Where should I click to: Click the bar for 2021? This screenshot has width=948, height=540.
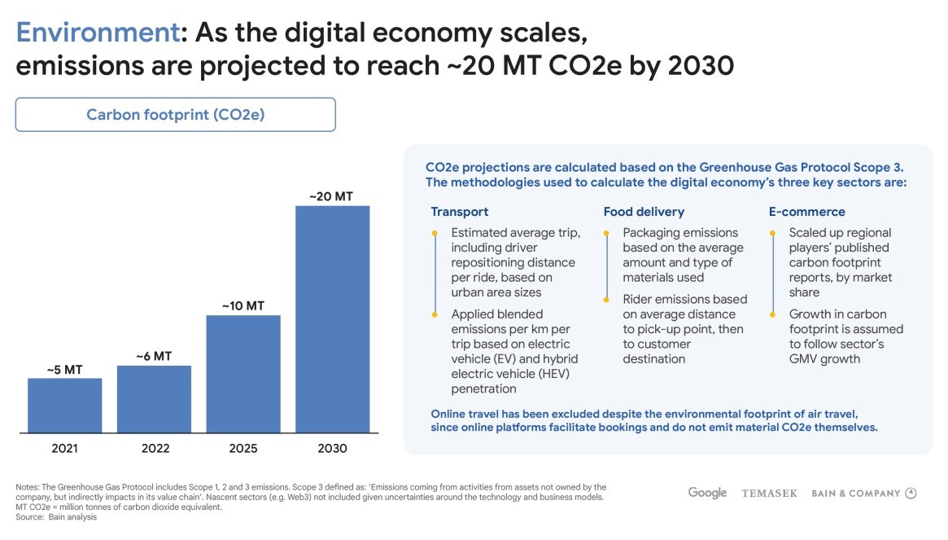(65, 405)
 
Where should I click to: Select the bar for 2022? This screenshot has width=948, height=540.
(154, 398)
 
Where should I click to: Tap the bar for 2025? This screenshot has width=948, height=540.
(243, 373)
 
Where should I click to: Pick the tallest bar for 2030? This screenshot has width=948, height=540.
(332, 318)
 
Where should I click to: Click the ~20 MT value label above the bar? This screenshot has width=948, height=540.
(331, 196)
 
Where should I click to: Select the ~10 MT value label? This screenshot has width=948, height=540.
(243, 306)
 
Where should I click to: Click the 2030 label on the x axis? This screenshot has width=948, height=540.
(332, 448)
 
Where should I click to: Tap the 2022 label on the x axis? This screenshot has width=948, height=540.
(154, 448)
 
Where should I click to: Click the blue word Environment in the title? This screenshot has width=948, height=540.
(96, 33)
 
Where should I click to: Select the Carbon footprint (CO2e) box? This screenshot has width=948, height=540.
(175, 115)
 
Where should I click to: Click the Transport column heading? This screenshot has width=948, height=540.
(460, 212)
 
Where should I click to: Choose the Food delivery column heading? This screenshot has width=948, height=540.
(644, 212)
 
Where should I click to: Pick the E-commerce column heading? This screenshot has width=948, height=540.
(806, 212)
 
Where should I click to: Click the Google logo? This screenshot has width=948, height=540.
(707, 493)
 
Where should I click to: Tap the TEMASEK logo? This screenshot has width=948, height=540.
(769, 494)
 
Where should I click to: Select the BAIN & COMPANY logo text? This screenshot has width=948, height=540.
(856, 494)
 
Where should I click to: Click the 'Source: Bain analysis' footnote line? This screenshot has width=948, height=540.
(56, 517)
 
